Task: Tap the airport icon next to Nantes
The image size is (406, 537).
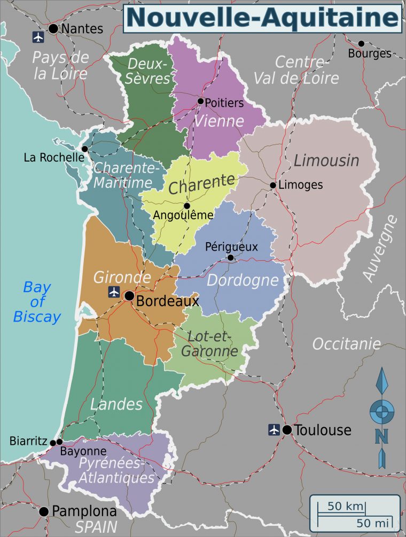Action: tap(38, 37)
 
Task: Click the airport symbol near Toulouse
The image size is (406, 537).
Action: tap(274, 429)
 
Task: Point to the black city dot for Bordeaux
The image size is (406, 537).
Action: tap(129, 295)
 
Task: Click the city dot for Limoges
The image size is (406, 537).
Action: tap(273, 186)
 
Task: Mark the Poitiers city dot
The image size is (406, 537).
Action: tap(200, 101)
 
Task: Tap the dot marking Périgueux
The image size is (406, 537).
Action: tap(230, 258)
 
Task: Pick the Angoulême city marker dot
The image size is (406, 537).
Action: tap(187, 206)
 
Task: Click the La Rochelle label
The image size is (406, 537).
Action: tap(54, 157)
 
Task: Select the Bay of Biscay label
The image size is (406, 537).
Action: tap(37, 302)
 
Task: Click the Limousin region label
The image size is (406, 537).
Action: tap(326, 160)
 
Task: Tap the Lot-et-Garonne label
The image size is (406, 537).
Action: tap(209, 343)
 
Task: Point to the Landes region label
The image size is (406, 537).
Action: tap(116, 404)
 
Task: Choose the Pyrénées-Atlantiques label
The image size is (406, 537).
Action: tap(116, 470)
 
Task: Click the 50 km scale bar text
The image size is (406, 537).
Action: tap(346, 506)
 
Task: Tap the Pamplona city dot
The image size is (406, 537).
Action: tap(44, 511)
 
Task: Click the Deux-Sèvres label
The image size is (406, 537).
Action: tap(149, 71)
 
